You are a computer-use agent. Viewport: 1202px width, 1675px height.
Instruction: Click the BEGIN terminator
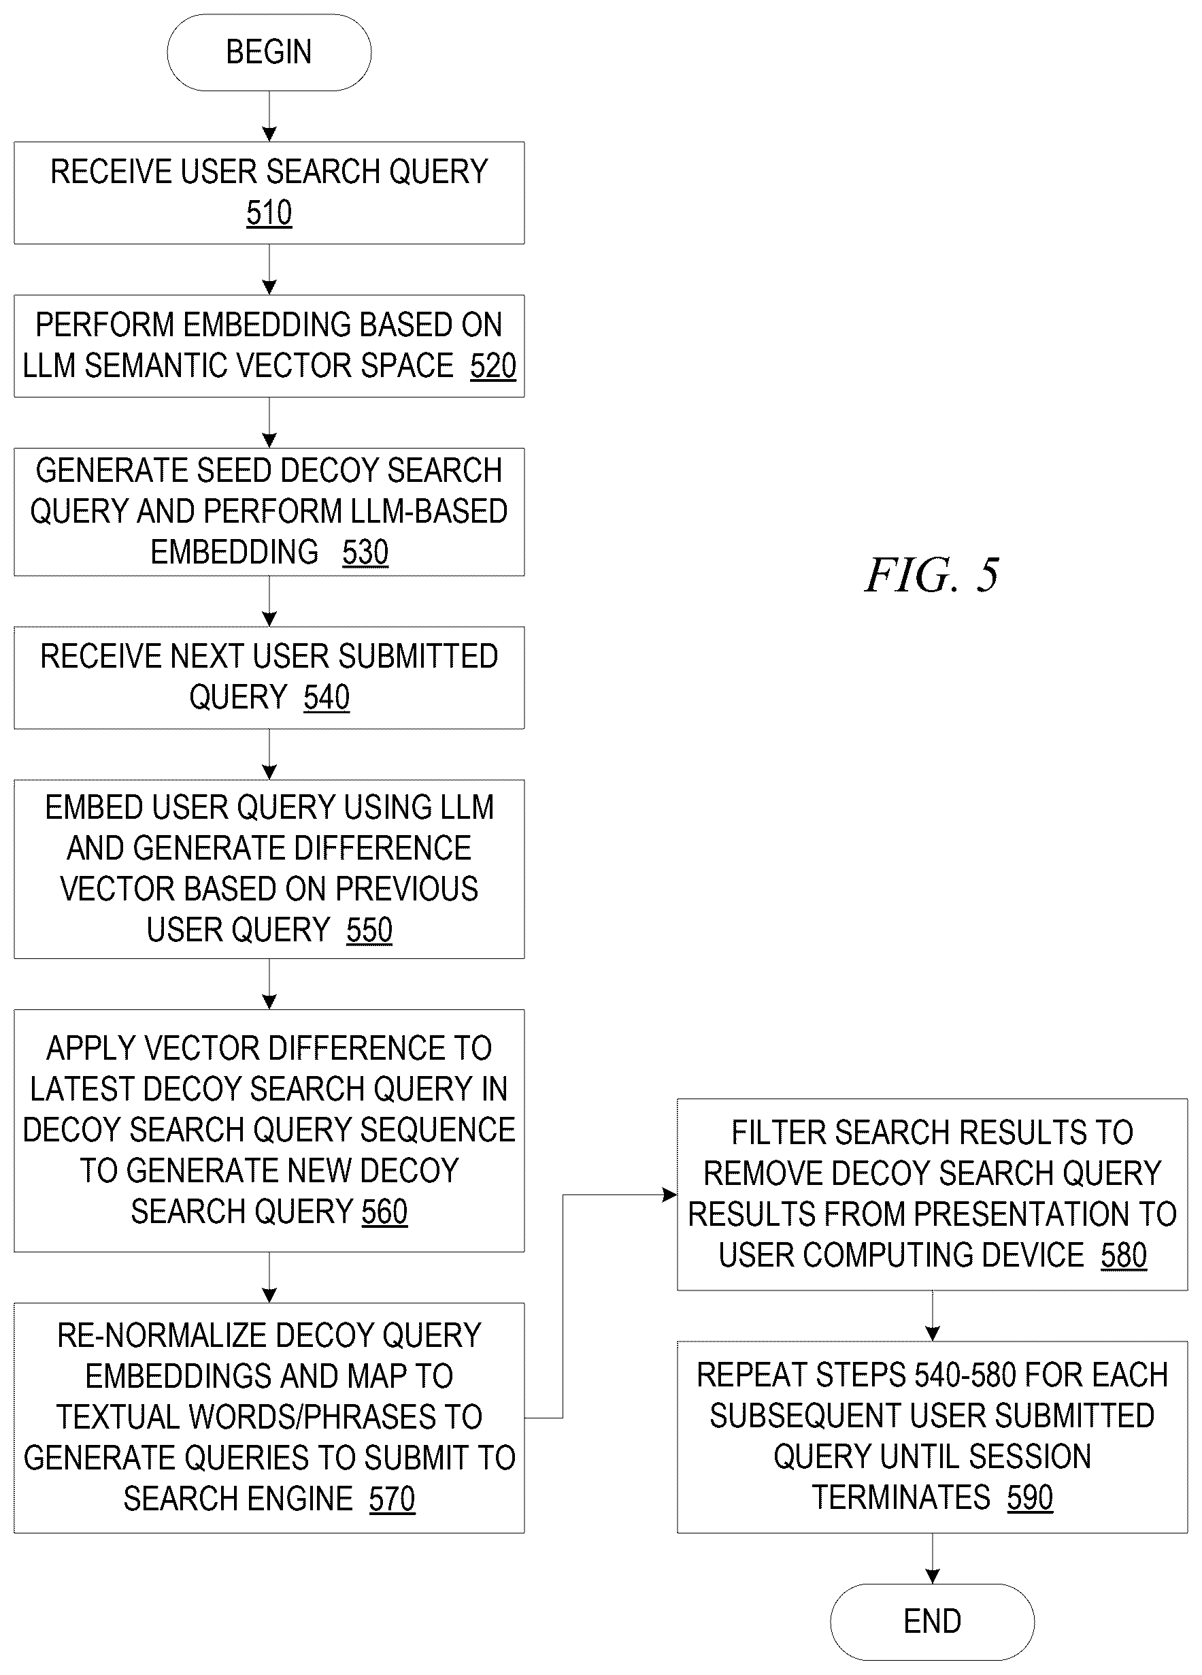coord(269,52)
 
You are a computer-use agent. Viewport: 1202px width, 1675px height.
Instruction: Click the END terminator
coord(932,1622)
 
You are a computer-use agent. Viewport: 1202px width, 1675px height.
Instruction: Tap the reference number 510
coord(269,213)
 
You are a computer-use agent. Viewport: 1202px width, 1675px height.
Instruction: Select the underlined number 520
coord(493,365)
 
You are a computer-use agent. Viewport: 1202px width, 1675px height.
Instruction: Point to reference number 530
coord(365,552)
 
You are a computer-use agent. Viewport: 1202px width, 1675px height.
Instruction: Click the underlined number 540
coord(327,696)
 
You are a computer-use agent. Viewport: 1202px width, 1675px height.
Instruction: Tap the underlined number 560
coord(384,1211)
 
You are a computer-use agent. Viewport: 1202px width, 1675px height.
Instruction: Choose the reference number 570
coord(392,1499)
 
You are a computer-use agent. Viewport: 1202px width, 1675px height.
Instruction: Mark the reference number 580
coord(1124,1255)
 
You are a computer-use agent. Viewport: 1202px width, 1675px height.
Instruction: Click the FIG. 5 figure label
coord(933,575)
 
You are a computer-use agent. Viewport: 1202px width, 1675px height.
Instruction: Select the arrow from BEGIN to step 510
coord(269,116)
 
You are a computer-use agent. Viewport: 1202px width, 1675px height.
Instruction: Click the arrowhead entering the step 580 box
coord(669,1194)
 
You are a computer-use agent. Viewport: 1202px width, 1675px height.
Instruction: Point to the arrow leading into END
coord(932,1559)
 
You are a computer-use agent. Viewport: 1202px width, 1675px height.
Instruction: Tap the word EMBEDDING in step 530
coord(234,552)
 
